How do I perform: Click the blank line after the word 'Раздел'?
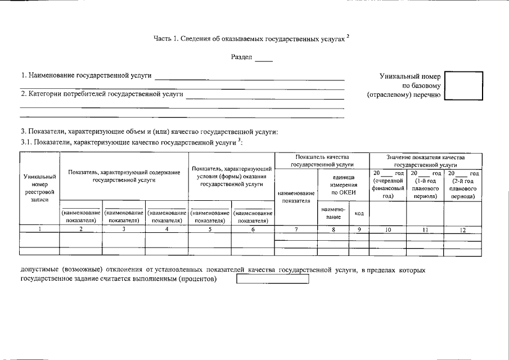[x=263, y=60]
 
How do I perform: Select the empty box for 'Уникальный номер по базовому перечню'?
[x=463, y=85]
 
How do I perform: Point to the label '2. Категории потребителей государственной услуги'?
[x=102, y=94]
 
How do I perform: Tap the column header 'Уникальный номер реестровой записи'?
[x=39, y=188]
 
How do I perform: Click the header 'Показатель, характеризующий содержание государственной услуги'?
[x=124, y=175]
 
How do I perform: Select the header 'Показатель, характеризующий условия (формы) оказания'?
[x=232, y=176]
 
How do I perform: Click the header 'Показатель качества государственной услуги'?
[x=322, y=160]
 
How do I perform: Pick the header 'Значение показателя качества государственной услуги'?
[x=425, y=160]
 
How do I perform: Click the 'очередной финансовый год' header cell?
[x=388, y=184]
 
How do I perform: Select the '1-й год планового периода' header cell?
[x=425, y=184]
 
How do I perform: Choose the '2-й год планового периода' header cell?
[x=462, y=184]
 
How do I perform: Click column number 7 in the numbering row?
[x=296, y=229]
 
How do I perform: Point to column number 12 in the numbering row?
[x=462, y=229]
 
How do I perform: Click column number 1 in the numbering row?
[x=39, y=229]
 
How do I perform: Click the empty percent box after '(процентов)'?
[x=273, y=279]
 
